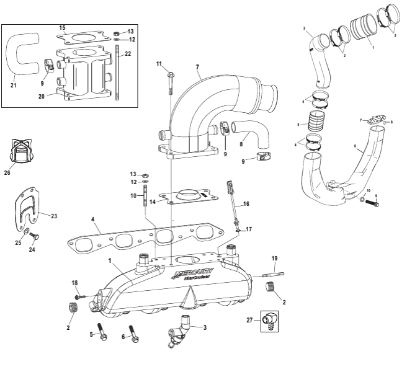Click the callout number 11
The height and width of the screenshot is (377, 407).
pos(159,64)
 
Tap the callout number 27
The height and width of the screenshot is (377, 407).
pos(251,320)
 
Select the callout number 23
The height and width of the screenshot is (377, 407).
pos(53,216)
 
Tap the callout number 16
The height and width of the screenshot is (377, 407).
pos(246,203)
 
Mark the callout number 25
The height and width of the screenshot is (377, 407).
pos(18,243)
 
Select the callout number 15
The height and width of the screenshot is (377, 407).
pos(62,28)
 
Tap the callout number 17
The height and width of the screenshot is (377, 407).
pos(249,229)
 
